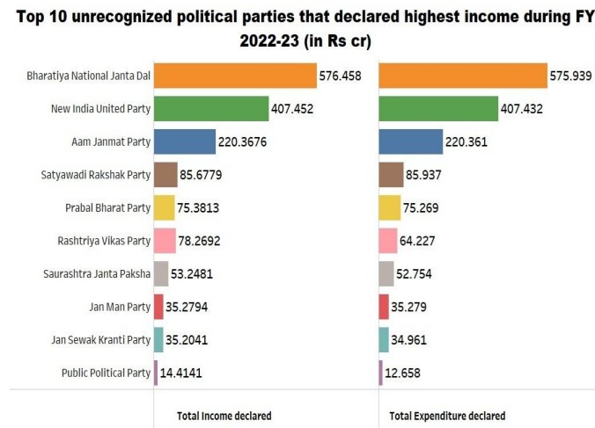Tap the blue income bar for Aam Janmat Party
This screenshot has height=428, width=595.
(x=184, y=141)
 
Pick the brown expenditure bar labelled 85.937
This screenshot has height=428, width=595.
(x=391, y=175)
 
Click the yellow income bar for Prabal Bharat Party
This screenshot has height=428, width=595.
(x=164, y=208)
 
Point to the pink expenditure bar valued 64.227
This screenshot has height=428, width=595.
(x=388, y=241)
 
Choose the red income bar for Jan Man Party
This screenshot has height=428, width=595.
(x=158, y=307)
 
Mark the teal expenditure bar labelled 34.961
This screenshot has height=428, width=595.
(x=384, y=339)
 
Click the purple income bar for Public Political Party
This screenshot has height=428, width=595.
(x=156, y=373)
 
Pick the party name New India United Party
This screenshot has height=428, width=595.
(x=101, y=109)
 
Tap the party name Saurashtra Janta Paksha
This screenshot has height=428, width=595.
(x=97, y=274)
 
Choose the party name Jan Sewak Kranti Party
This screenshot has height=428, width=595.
(x=102, y=340)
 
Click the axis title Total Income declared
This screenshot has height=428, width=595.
(x=224, y=416)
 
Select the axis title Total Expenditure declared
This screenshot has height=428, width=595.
(x=447, y=416)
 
